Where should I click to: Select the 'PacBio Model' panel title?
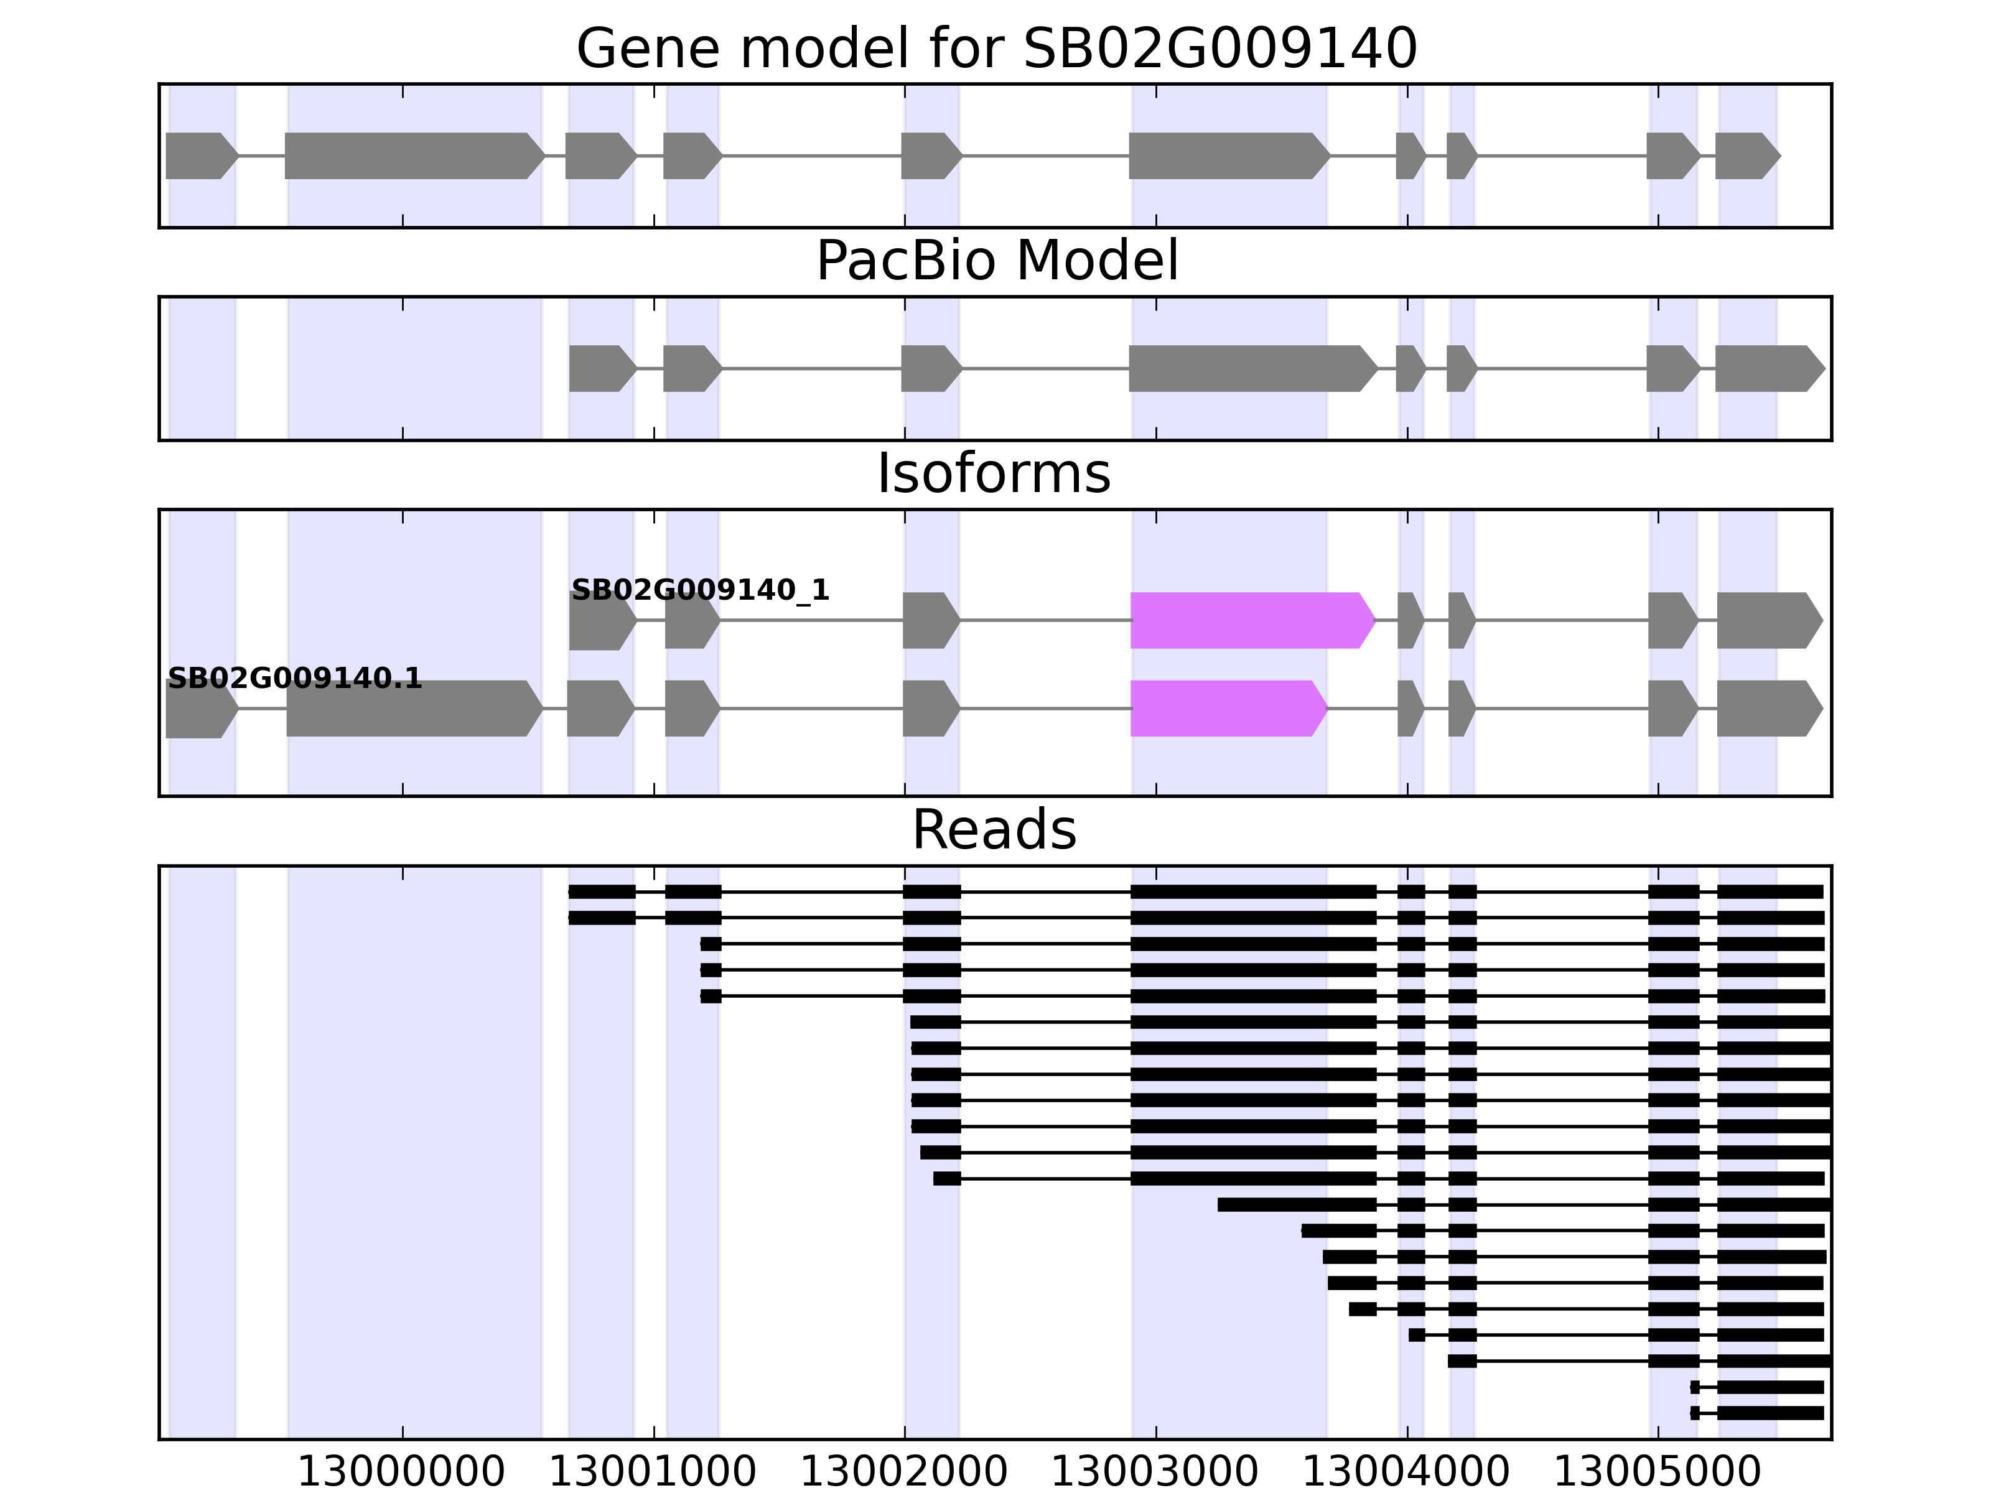(x=995, y=261)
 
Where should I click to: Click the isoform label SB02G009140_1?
(x=700, y=590)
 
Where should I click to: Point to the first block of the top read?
(x=601, y=892)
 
